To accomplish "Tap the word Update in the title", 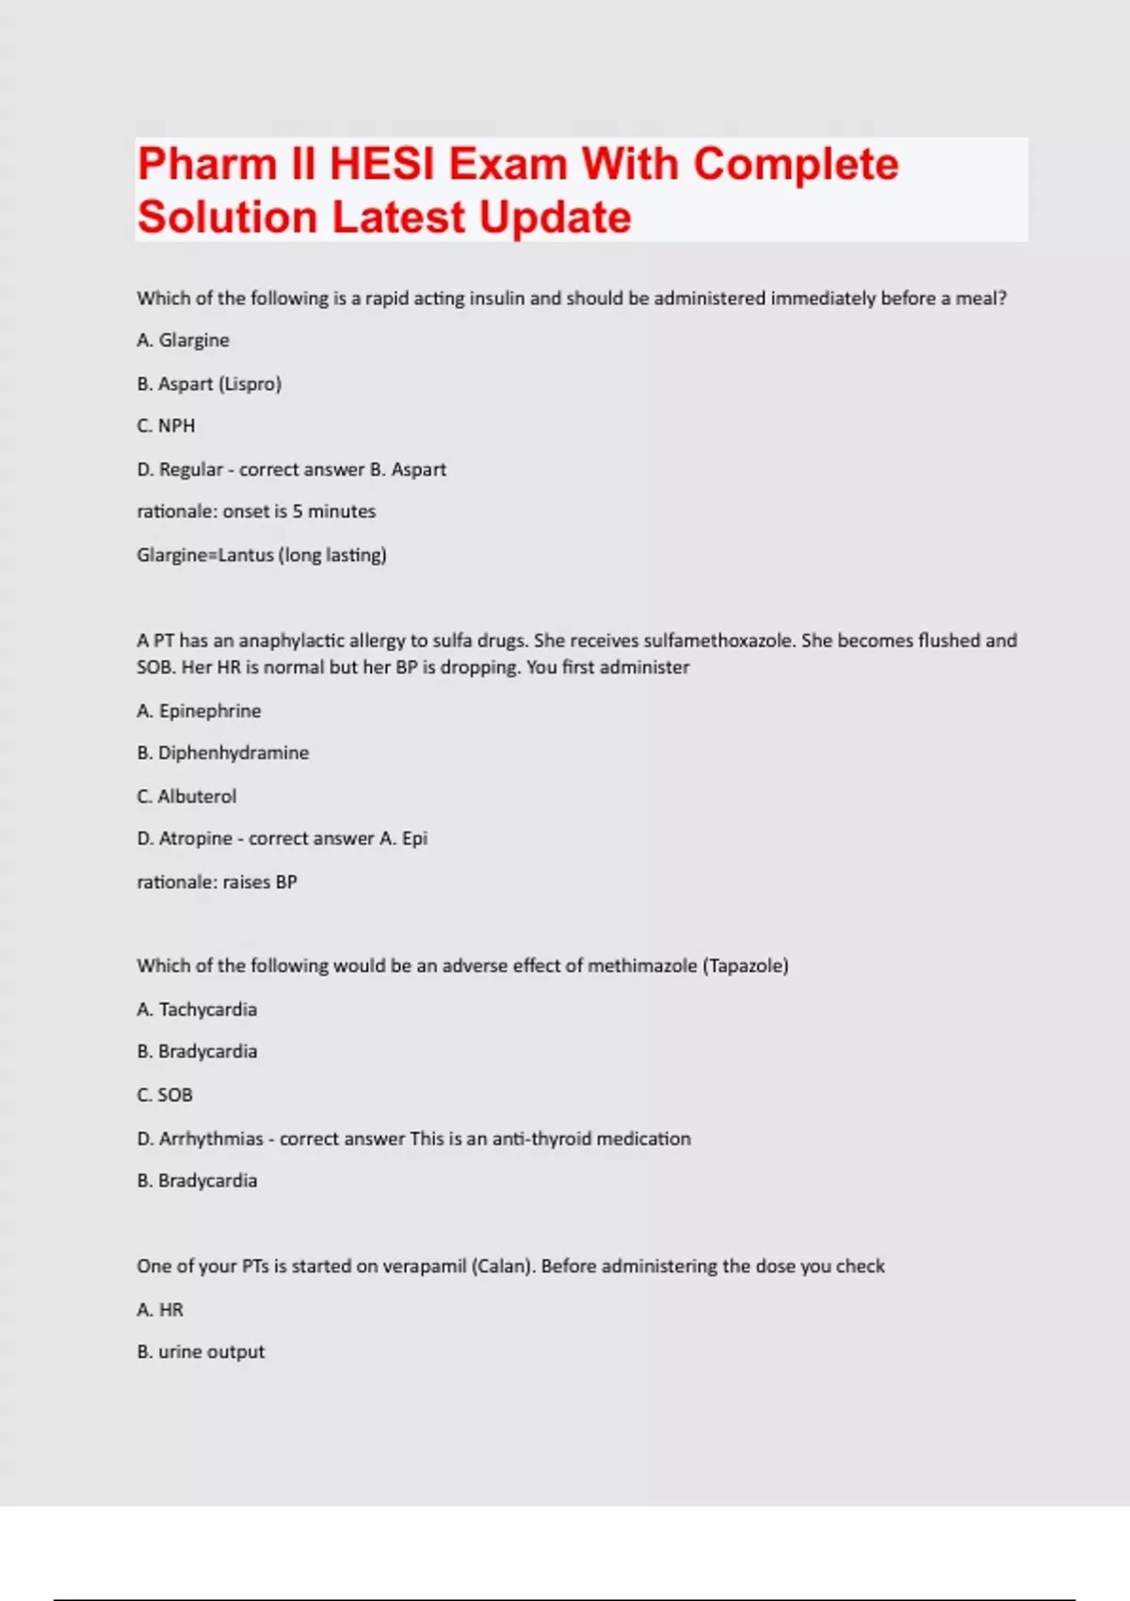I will [x=555, y=218].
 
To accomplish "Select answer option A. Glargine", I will [x=183, y=340].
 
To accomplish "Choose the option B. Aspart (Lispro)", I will [x=209, y=384].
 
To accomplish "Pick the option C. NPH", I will [x=166, y=426].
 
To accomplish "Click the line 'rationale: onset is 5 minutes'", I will [x=256, y=511].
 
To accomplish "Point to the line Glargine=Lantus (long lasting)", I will [x=262, y=555].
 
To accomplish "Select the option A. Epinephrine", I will [x=199, y=711].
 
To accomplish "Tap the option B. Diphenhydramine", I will [x=222, y=752].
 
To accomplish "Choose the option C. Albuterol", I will [x=186, y=796].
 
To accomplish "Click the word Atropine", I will [x=196, y=838].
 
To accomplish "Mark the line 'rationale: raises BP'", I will [x=217, y=882].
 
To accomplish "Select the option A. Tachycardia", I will [x=197, y=1010].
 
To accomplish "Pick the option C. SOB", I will [x=165, y=1095].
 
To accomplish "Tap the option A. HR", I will [x=160, y=1310].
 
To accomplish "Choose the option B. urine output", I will [x=201, y=1352].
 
